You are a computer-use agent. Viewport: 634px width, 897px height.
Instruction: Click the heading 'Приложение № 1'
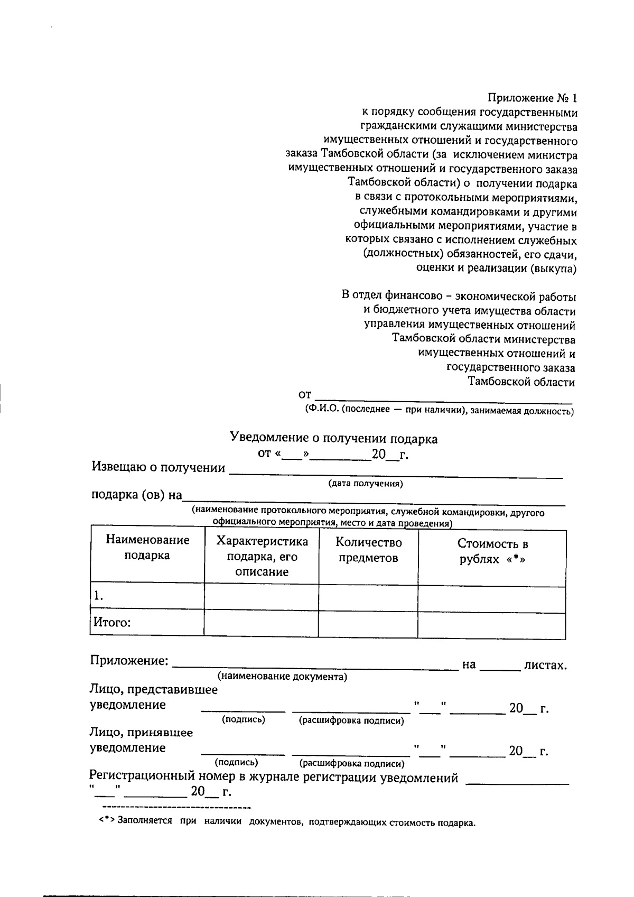pos(533,98)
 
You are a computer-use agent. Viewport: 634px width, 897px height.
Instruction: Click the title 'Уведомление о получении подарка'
pos(333,438)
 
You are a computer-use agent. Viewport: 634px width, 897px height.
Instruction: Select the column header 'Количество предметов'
pos(368,550)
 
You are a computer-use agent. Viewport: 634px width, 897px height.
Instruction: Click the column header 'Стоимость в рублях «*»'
pos(492,552)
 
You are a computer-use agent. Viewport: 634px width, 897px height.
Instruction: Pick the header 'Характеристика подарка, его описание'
pos(262,556)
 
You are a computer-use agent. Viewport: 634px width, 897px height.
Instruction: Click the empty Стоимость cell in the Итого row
pos(491,624)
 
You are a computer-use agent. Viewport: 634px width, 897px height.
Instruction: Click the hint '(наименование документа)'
pos(282,677)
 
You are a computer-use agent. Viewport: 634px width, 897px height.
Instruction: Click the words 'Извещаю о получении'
pos(158,468)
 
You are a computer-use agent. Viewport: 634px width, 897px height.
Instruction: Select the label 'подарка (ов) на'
pos(137,495)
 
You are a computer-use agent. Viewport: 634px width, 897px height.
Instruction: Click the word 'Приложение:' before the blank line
pos(129,661)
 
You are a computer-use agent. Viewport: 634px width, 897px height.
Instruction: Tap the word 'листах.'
pos(545,665)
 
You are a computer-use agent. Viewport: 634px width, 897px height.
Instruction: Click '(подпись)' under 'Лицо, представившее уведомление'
pos(244,719)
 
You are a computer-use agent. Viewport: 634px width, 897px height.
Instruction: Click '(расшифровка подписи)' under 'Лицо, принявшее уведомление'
pos(351,763)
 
